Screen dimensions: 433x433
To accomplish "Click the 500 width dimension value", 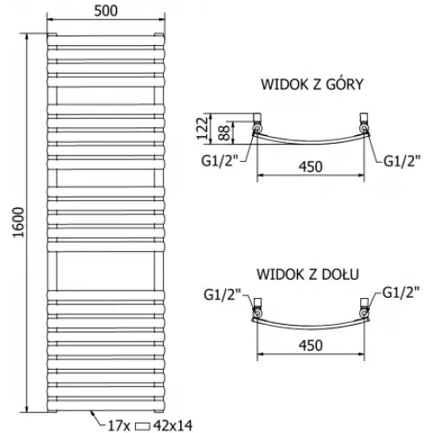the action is click(106, 11).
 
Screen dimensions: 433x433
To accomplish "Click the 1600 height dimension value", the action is click(19, 223).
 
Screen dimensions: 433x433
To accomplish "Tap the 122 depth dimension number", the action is click(202, 128).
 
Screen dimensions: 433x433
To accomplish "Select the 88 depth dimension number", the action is click(224, 132).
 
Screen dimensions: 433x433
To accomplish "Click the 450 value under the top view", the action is click(311, 167).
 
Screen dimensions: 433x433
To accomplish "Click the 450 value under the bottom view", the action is click(311, 346).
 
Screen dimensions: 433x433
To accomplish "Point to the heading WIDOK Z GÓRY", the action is click(312, 85).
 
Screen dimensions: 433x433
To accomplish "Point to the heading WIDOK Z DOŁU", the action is click(307, 275).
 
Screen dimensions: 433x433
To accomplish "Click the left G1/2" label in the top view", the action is click(221, 161).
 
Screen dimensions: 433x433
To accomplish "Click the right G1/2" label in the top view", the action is click(402, 161).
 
